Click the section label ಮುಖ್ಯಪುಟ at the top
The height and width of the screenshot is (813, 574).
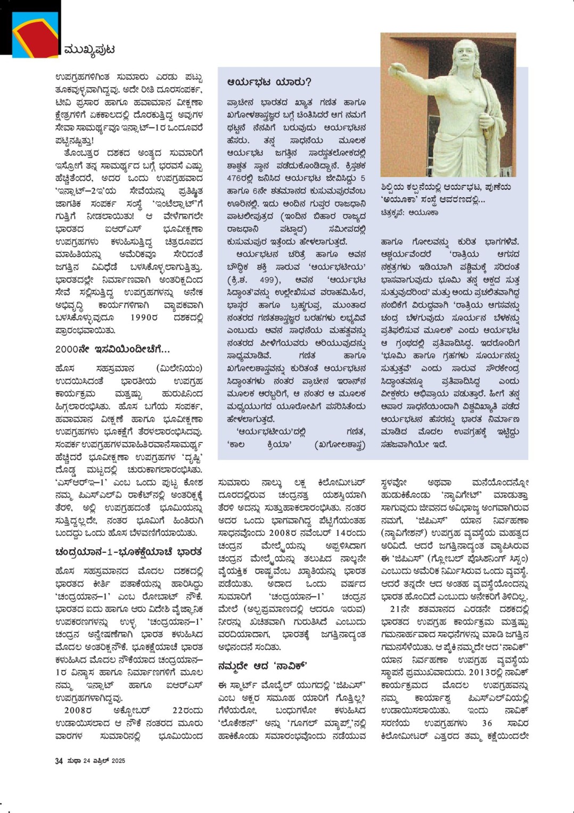pyautogui.click(x=88, y=50)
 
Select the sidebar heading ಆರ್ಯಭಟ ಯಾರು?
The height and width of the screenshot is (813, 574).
pyautogui.click(x=269, y=82)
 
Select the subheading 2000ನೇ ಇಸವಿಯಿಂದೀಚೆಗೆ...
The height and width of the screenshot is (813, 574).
pyautogui.click(x=112, y=350)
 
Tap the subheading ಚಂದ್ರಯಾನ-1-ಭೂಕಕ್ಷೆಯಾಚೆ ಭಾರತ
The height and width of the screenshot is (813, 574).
pyautogui.click(x=128, y=552)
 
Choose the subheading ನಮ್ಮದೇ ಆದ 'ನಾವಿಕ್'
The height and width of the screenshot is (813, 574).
pyautogui.click(x=263, y=665)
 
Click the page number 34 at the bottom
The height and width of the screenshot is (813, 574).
pyautogui.click(x=59, y=761)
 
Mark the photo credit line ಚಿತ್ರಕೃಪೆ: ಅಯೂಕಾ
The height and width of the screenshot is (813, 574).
pyautogui.click(x=409, y=212)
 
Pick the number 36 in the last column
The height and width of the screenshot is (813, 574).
pyautogui.click(x=487, y=723)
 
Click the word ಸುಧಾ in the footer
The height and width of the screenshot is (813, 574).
pyautogui.click(x=73, y=761)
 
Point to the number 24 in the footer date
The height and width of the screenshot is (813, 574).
pyautogui.click(x=86, y=761)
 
